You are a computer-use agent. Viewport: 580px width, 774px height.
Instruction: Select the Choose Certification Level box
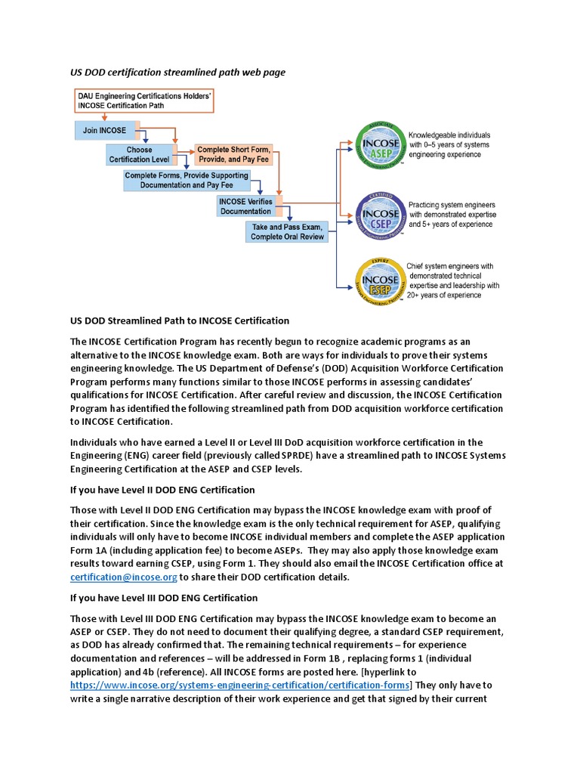[x=139, y=155]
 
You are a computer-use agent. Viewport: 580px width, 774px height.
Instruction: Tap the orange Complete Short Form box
[x=234, y=155]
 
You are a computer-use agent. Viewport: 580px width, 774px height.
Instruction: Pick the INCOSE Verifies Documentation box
[x=245, y=206]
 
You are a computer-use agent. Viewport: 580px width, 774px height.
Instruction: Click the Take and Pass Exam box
[x=287, y=231]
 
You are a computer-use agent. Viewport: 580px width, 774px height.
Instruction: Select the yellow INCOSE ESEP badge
[x=378, y=280]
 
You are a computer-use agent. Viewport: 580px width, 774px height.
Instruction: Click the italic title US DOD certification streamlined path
[x=168, y=72]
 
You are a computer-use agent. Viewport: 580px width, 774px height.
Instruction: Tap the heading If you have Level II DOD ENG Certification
[x=162, y=490]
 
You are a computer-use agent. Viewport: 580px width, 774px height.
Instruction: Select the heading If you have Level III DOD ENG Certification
[x=164, y=597]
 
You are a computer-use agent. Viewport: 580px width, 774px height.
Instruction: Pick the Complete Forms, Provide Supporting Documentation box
[x=187, y=180]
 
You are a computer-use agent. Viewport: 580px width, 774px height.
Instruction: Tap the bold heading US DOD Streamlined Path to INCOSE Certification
[x=180, y=320]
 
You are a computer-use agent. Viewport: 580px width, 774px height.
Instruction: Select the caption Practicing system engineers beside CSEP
[x=452, y=205]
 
